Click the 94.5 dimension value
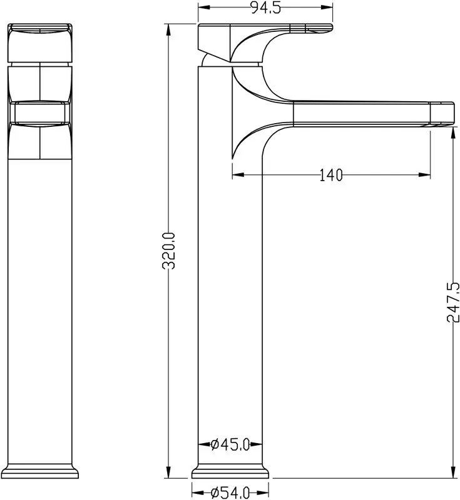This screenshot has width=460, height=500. pos(265,7)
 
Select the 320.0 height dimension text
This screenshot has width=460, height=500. pos(169,251)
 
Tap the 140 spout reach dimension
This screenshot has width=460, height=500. pos(330,175)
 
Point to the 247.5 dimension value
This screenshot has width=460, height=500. pos(453,302)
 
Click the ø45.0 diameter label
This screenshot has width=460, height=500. pos(230,444)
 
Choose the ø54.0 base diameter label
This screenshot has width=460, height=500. pos(230,493)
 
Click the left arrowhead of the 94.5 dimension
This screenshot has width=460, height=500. pos(205,7)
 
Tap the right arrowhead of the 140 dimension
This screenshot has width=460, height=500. pos(424,174)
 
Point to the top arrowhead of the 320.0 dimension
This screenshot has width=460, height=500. pos(169,30)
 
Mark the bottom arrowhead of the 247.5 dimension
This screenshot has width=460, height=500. pos(453,472)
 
